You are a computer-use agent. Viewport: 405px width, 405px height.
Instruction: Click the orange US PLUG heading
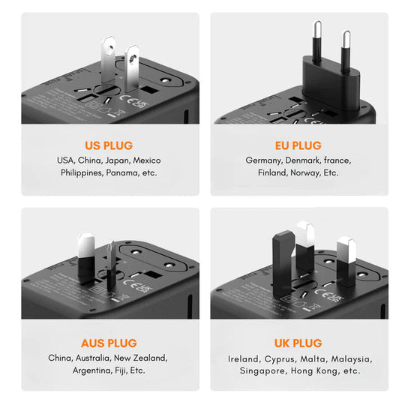point(109,145)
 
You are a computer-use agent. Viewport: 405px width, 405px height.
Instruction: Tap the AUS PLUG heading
point(109,343)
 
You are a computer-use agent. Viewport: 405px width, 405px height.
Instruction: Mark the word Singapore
point(262,370)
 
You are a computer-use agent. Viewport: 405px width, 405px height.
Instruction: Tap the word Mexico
point(148,160)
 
